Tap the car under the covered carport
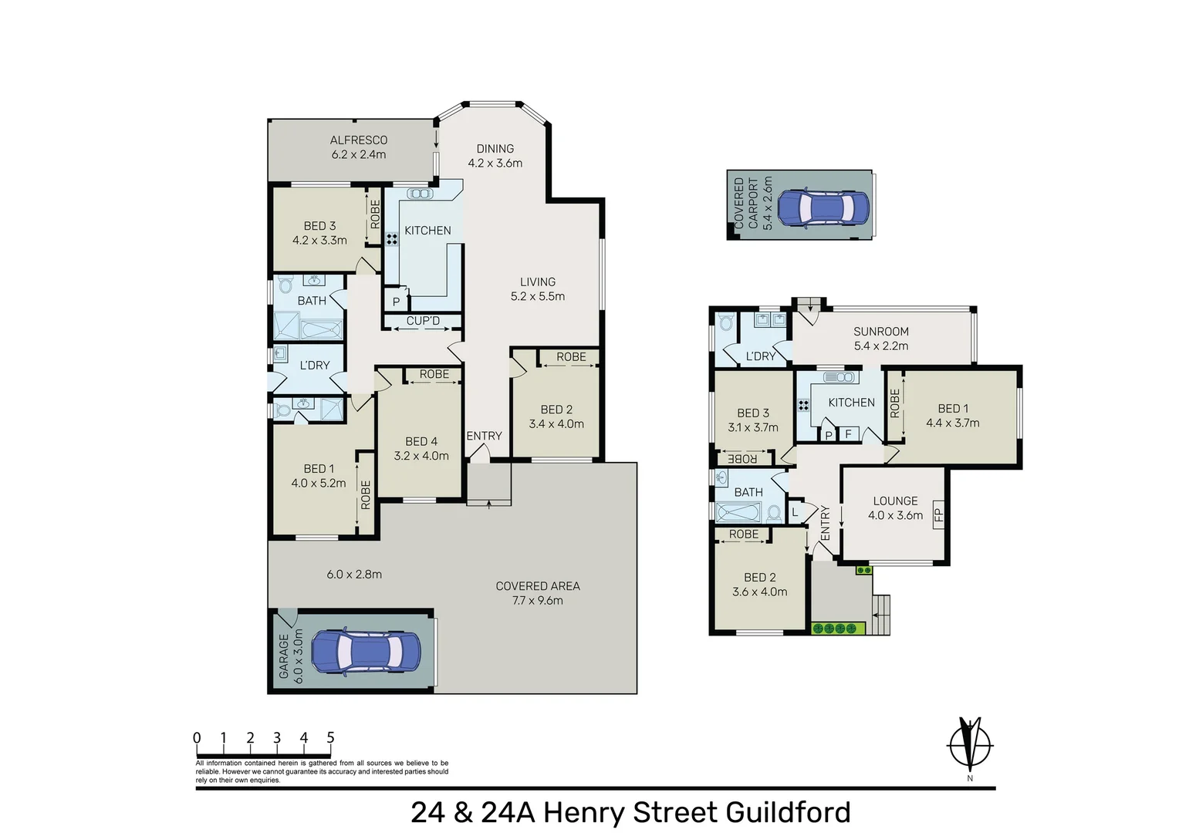click(x=823, y=207)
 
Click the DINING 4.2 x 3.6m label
click(x=495, y=156)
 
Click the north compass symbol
click(x=970, y=745)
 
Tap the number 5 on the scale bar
click(x=330, y=738)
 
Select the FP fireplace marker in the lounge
click(x=938, y=514)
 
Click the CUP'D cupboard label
click(x=423, y=321)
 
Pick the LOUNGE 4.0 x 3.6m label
click(x=895, y=508)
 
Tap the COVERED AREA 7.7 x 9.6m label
click(x=538, y=593)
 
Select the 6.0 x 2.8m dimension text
click(x=354, y=574)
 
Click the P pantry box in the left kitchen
click(x=396, y=302)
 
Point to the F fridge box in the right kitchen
click(x=848, y=434)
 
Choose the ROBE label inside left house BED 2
click(x=571, y=356)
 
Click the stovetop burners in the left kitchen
click(x=392, y=239)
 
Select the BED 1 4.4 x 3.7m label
click(x=953, y=416)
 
